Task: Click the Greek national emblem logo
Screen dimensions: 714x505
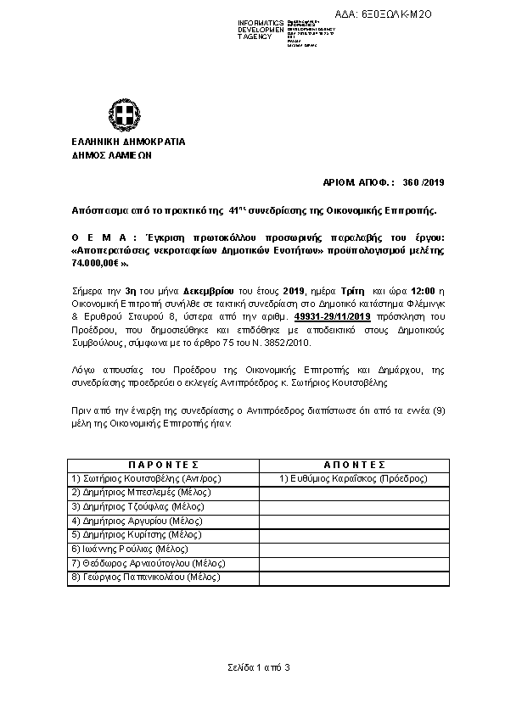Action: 120,114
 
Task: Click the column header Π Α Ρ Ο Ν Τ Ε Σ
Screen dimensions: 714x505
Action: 163,465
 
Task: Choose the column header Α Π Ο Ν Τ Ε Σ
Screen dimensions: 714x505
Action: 355,465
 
